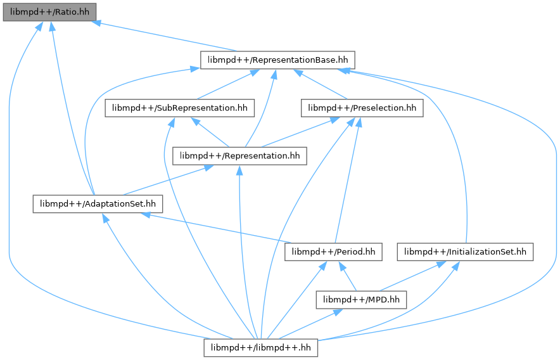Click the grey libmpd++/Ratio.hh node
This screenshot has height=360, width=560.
(49, 12)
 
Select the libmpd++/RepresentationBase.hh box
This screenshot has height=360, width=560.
(277, 60)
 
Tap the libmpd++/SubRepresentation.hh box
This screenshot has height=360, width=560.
(180, 108)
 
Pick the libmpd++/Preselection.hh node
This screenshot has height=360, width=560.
(362, 108)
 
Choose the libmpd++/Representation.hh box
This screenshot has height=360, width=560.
(239, 156)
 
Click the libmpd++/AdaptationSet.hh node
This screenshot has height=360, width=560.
(98, 204)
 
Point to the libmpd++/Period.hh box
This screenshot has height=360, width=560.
(334, 252)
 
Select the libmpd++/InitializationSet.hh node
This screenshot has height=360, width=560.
(465, 252)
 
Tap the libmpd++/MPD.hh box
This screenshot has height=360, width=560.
(362, 300)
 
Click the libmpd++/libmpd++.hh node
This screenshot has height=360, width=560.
(261, 347)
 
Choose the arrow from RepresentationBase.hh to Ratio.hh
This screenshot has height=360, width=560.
(164, 36)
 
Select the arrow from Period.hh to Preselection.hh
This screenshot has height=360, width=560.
(347, 180)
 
